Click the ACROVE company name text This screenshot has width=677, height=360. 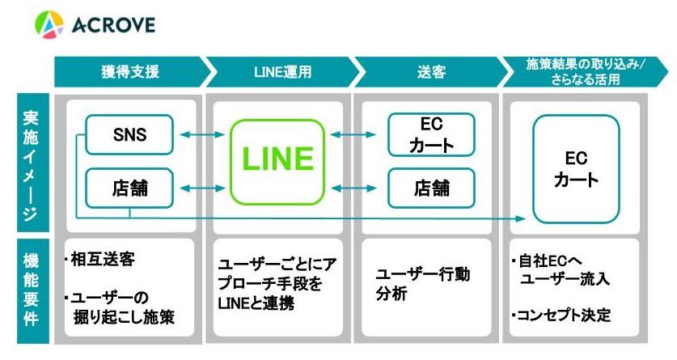[112, 25]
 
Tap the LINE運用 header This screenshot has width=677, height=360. [279, 71]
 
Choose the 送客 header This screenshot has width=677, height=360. [426, 71]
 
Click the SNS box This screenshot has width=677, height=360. [129, 134]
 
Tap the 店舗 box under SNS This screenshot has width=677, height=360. [129, 188]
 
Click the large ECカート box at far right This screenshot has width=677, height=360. [576, 168]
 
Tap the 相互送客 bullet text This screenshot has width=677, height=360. [104, 260]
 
